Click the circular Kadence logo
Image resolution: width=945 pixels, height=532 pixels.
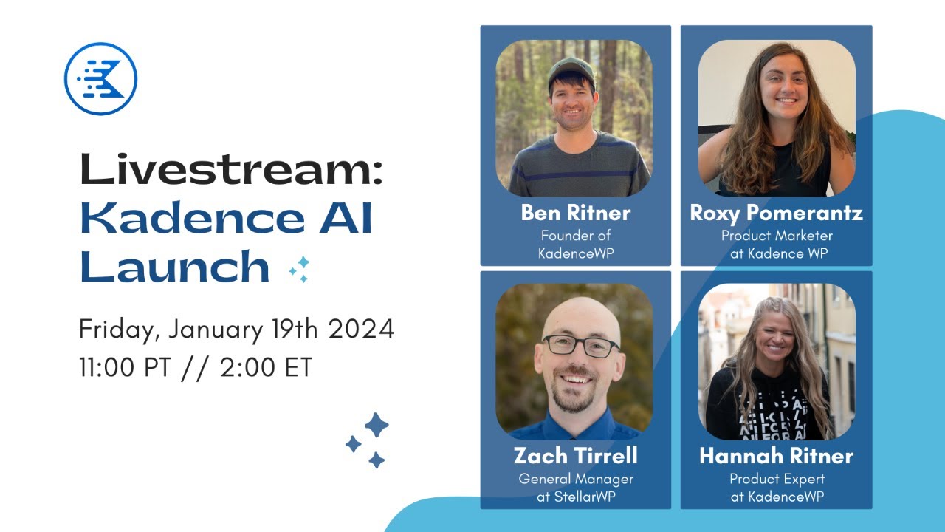point(101,78)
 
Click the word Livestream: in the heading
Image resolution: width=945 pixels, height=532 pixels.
point(232,170)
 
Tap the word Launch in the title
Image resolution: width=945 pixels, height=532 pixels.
point(174,267)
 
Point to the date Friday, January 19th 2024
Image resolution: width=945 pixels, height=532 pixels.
point(236,330)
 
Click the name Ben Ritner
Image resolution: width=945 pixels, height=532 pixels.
point(576,213)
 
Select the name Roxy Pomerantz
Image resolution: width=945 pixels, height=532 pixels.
point(776,213)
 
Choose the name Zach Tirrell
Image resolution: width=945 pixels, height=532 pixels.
point(576,455)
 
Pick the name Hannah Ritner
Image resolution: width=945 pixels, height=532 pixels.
point(776,456)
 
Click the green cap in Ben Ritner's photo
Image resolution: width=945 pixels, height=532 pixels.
point(571,71)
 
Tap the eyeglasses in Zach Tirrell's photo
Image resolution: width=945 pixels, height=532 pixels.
point(581,345)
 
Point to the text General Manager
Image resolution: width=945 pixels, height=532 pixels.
point(576,479)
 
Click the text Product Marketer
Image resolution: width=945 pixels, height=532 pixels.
point(777,236)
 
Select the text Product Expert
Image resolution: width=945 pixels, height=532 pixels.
point(777,479)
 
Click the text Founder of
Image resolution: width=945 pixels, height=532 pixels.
point(576,236)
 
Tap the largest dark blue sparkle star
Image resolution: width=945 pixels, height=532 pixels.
point(377,425)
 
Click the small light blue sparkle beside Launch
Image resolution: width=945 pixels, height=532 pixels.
point(300,269)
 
